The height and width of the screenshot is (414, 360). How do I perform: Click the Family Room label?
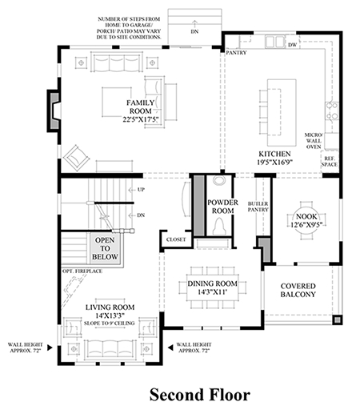[x=140, y=107]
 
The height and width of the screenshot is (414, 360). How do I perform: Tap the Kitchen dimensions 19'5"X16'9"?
[x=275, y=163]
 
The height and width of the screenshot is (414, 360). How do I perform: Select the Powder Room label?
[x=222, y=207]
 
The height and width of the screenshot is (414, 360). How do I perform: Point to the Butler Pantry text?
[x=258, y=207]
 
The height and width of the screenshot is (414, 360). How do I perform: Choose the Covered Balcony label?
[x=298, y=290]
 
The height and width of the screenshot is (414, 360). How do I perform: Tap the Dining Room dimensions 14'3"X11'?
[x=212, y=292]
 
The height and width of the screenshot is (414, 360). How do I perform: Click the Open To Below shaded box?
[x=105, y=248]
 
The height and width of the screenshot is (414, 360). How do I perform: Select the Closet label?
[x=176, y=239]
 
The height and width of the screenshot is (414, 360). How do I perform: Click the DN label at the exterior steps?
[x=195, y=31]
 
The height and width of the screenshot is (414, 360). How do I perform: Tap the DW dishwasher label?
[x=292, y=45]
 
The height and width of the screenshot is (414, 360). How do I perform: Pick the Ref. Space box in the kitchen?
[x=330, y=162]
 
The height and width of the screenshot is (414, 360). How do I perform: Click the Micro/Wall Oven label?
[x=314, y=141]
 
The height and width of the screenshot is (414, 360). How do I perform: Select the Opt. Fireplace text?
[x=82, y=271]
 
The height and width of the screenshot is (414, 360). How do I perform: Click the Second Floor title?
[x=200, y=395]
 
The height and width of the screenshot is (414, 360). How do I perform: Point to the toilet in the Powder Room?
[x=219, y=227]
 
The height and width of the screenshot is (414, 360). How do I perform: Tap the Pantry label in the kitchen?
[x=236, y=53]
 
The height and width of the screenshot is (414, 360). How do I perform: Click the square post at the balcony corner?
[x=338, y=320]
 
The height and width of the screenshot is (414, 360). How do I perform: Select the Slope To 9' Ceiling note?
[x=109, y=324]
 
